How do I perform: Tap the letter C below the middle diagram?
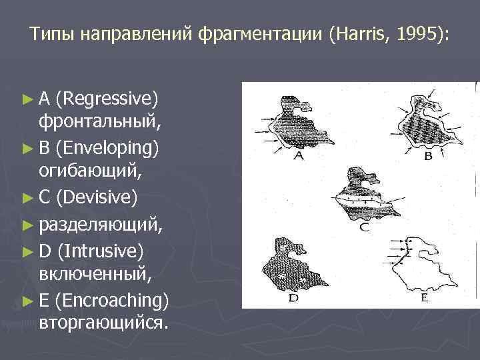(x=363, y=227)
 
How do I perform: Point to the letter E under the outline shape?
(x=424, y=298)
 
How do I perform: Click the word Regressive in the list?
(x=107, y=100)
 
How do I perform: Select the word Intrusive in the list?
(x=101, y=251)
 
